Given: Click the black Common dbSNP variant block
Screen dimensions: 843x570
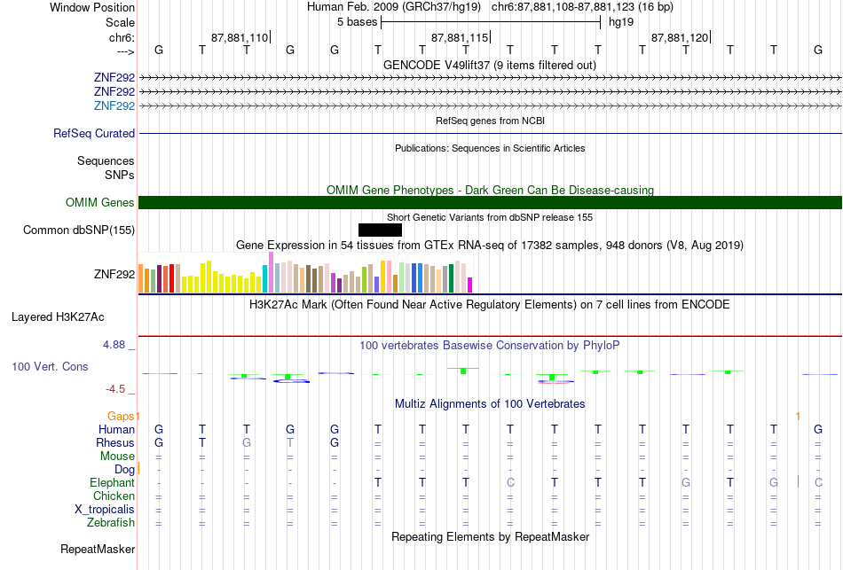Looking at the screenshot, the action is coord(380,230).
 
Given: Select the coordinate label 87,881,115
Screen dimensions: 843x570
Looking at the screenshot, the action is coord(460,37).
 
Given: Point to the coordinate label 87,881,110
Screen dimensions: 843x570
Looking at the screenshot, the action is coord(240,37).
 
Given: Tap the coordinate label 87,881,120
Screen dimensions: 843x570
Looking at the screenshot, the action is coord(680,37).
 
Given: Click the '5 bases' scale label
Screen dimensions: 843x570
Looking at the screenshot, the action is coord(358,22).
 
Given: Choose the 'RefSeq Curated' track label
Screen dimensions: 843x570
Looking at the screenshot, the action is coord(94,133).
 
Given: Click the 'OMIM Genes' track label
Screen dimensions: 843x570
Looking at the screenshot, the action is coord(100,202).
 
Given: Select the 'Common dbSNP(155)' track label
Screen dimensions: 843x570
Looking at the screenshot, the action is coord(79,230).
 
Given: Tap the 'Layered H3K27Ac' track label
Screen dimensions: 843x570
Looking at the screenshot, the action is coord(58,317).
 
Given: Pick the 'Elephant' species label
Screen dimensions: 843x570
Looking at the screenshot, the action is coord(113,482).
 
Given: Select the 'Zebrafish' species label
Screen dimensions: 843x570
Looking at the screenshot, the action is coord(111,522).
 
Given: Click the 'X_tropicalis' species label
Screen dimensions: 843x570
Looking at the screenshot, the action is coord(105,510).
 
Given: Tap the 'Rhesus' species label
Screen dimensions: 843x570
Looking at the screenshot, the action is coord(115,442).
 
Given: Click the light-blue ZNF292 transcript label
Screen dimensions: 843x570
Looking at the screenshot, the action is coord(114,105).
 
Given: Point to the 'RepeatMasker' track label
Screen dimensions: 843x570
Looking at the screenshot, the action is coord(98,549).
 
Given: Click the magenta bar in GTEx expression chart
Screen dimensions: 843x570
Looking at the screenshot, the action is coord(470,285).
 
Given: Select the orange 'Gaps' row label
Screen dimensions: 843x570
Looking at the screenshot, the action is coord(121,416).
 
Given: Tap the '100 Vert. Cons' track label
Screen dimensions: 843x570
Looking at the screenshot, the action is coord(50,366).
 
